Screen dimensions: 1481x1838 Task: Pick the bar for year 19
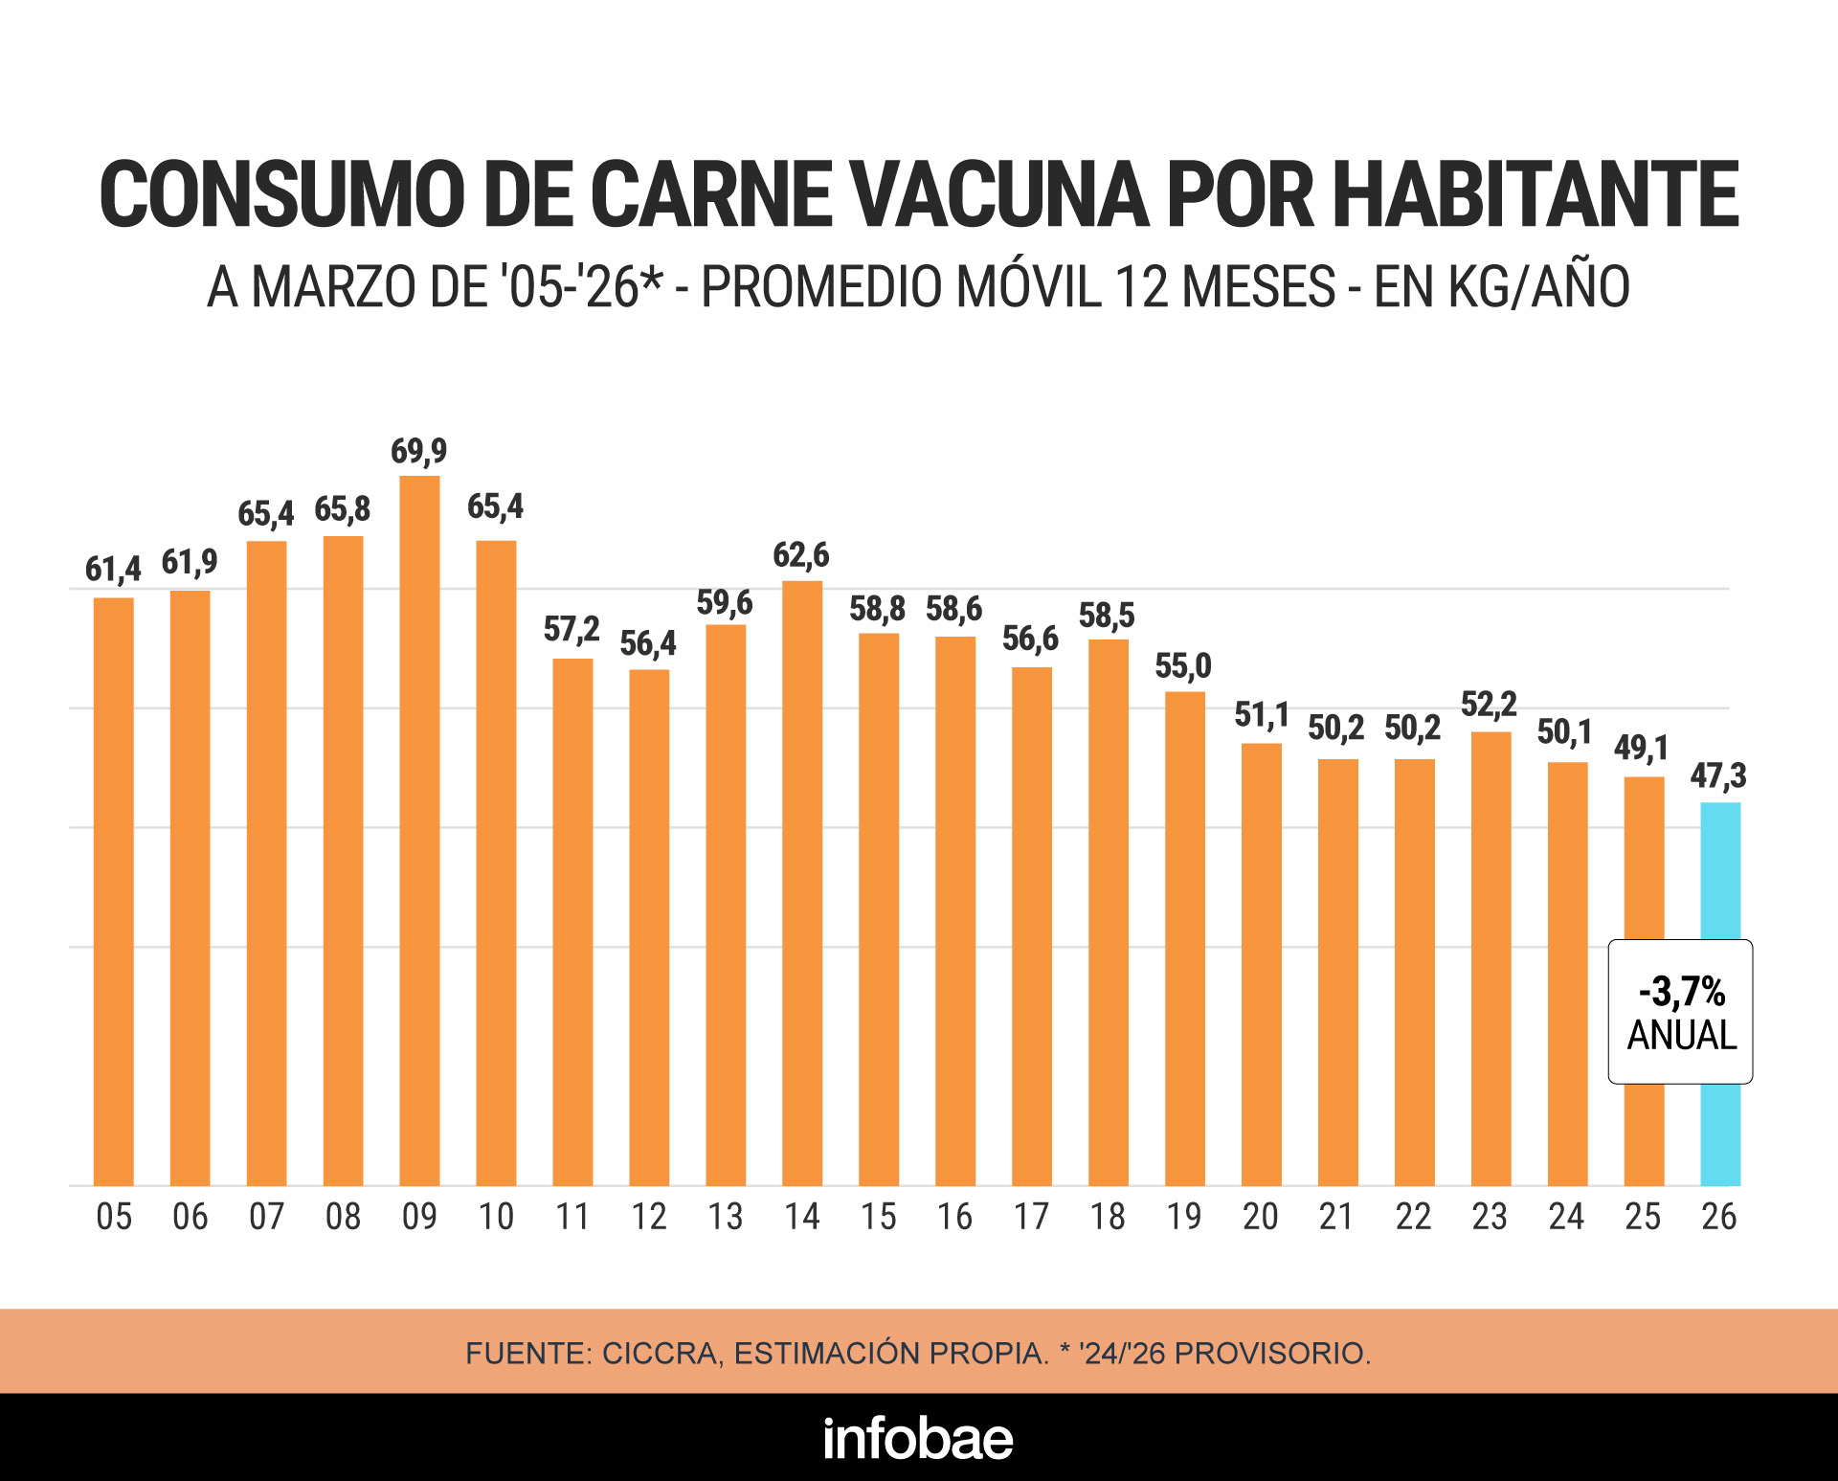[1185, 938]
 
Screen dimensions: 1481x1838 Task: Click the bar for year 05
[113, 891]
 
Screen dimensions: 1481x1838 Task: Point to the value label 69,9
[418, 451]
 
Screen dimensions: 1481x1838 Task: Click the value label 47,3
[1718, 775]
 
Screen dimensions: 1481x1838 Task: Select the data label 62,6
[801, 555]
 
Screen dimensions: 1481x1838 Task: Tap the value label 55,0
[1183, 666]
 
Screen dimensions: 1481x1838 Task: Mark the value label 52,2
[1489, 706]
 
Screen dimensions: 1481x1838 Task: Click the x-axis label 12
[649, 1217]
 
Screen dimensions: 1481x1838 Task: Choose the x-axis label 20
[1261, 1217]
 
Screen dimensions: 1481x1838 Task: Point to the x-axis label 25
[1643, 1217]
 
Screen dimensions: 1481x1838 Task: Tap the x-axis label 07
[266, 1217]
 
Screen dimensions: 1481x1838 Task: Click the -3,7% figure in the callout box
[1682, 992]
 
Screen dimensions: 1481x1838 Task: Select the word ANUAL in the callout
[1682, 1036]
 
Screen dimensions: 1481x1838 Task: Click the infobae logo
[918, 1438]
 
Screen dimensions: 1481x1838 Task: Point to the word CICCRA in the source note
[661, 1354]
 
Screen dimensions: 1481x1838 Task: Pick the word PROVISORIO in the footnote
[1272, 1354]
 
